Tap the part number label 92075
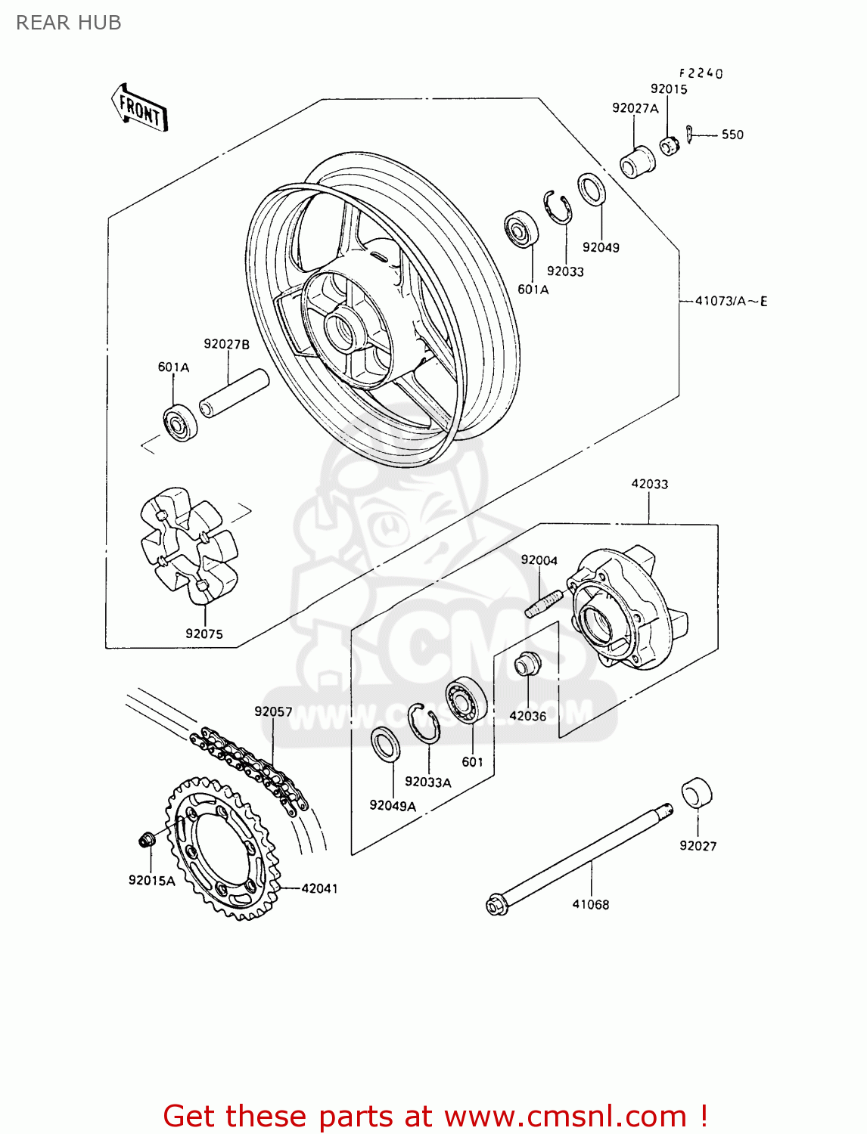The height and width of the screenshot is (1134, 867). [204, 634]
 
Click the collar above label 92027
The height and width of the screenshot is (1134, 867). [697, 792]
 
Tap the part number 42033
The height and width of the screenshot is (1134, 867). [650, 484]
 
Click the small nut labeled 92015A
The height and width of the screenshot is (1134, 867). [146, 839]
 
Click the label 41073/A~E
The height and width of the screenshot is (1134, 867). [731, 301]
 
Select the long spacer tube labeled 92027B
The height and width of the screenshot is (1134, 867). [234, 392]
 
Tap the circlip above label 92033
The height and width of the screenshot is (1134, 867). [557, 207]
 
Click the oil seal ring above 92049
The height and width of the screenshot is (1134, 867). [592, 189]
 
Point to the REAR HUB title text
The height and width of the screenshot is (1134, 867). [69, 23]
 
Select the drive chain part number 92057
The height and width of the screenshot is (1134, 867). [273, 711]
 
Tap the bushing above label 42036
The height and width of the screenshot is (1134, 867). [527, 664]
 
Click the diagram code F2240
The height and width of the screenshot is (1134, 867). [701, 73]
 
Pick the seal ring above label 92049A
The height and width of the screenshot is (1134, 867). [385, 744]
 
